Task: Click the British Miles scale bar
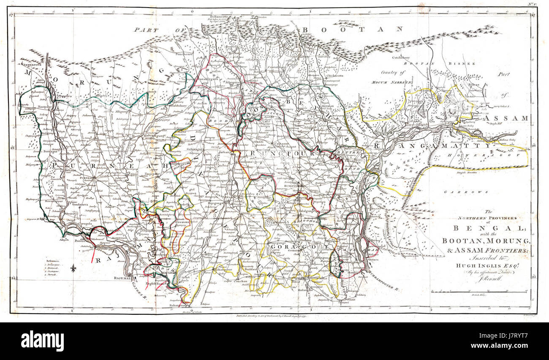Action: coord(479,292)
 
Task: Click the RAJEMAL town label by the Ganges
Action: coord(123,278)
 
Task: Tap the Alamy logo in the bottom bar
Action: coord(42,341)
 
